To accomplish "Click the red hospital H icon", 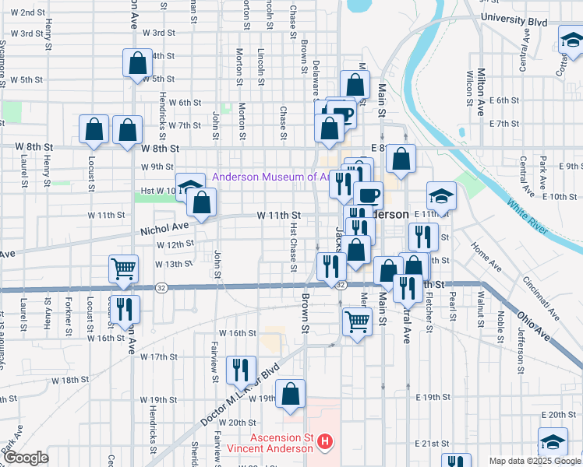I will (x=325, y=444).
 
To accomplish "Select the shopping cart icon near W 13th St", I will (x=124, y=269).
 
